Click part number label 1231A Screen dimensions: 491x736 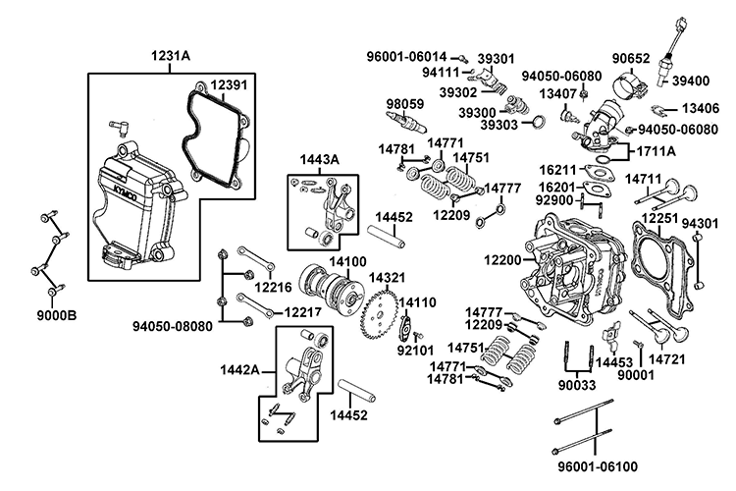(171, 56)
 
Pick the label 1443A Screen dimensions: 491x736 (320, 159)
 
